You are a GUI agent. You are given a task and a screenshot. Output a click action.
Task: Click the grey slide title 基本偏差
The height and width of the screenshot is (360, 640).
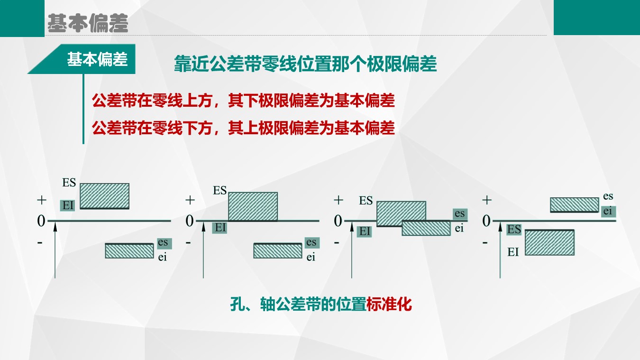pos(88,23)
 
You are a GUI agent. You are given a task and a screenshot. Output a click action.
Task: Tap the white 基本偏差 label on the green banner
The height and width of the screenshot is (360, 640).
pos(98,59)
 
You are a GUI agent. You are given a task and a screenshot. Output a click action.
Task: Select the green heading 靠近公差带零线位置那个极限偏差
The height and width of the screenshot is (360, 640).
pos(305,64)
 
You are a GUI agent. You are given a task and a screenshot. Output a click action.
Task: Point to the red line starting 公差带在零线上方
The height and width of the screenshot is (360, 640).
pos(243,101)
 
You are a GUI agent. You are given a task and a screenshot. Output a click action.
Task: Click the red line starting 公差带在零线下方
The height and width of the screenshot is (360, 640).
pos(243,128)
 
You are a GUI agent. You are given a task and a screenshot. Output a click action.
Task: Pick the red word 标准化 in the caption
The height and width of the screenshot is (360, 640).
pos(389,304)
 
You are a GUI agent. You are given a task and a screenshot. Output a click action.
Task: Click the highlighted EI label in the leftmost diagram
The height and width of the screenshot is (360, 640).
pos(67,205)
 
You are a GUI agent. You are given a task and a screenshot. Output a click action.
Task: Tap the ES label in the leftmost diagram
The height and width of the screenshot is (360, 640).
pos(69,183)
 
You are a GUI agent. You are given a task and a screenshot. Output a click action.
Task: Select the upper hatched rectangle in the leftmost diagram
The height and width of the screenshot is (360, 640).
pos(105,196)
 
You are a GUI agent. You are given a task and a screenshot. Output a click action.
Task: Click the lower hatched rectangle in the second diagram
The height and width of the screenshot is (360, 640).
pos(278,251)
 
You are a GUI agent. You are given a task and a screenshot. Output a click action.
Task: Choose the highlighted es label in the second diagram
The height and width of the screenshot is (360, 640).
pos(312,242)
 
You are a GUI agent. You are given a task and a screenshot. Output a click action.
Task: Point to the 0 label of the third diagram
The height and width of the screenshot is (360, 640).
pos(338,221)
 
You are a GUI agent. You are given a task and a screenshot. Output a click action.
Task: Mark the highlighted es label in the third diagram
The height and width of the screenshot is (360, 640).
pos(460,213)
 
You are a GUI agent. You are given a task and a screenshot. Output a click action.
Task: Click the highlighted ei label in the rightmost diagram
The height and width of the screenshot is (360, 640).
pos(608,212)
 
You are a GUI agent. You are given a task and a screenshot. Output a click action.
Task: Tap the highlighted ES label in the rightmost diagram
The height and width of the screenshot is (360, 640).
pos(514,229)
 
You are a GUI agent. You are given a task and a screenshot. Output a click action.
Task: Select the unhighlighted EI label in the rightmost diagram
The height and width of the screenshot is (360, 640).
pos(513,252)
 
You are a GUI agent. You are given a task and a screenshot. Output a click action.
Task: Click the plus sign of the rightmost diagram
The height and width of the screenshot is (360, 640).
pos(487,200)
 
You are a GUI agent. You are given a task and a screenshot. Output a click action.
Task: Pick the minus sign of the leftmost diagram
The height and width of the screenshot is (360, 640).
pos(40,243)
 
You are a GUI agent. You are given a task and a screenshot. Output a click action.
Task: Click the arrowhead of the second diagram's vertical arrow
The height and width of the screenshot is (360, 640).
pos(203,226)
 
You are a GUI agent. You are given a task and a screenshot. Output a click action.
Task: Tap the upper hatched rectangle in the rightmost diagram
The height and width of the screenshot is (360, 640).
pos(575,205)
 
